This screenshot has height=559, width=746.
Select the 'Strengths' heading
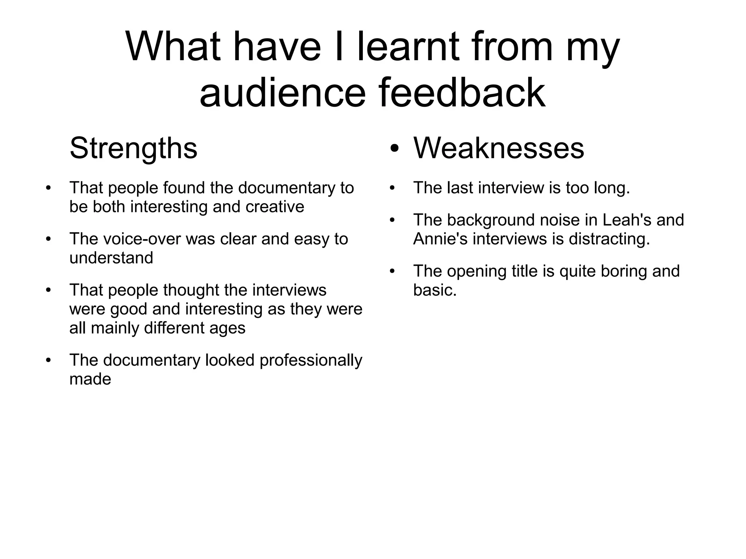[133, 148]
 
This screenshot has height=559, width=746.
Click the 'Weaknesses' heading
[498, 148]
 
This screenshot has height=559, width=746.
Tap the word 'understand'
[111, 258]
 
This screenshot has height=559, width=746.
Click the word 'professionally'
[311, 360]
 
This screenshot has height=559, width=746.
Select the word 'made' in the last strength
[90, 379]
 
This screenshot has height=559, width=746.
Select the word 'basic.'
[435, 290]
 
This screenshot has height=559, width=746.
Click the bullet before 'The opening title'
[392, 271]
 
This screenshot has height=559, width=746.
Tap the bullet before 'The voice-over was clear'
[48, 239]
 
